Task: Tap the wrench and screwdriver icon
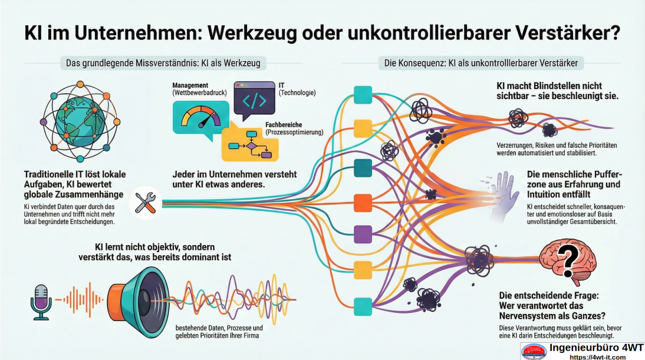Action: click(145, 202)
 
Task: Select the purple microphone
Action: click(41, 300)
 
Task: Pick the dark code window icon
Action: click(254, 101)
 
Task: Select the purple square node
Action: click(362, 234)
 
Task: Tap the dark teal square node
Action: click(362, 168)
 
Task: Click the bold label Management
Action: click(190, 85)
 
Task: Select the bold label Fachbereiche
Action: click(288, 125)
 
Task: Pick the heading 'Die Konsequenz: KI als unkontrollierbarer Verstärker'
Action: click(481, 62)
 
